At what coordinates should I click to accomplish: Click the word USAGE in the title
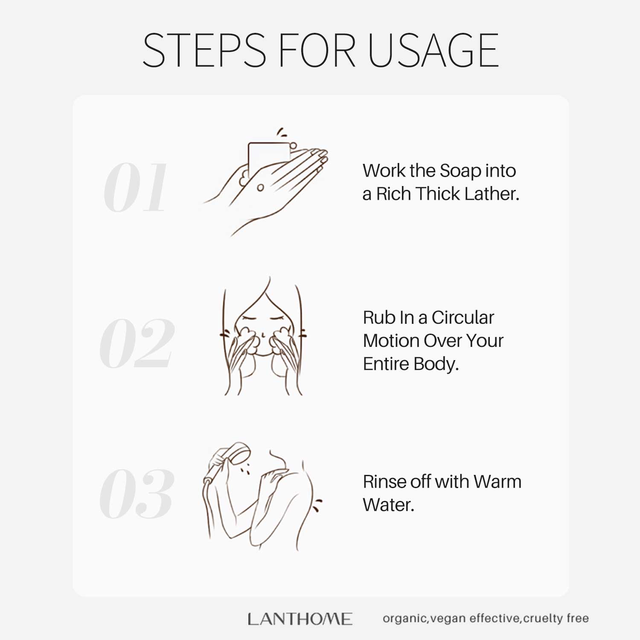pos(433,50)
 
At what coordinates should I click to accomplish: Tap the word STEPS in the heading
pos(204,50)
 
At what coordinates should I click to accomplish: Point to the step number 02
pos(137,343)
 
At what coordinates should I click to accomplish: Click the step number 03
pos(137,494)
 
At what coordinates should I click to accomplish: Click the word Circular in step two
pos(463,317)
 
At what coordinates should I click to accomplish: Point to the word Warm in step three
pos(497,482)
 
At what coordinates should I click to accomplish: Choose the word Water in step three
pos(389,505)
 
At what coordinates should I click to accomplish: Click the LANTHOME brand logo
pos(300,619)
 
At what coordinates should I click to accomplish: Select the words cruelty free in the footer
pos(556,618)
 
